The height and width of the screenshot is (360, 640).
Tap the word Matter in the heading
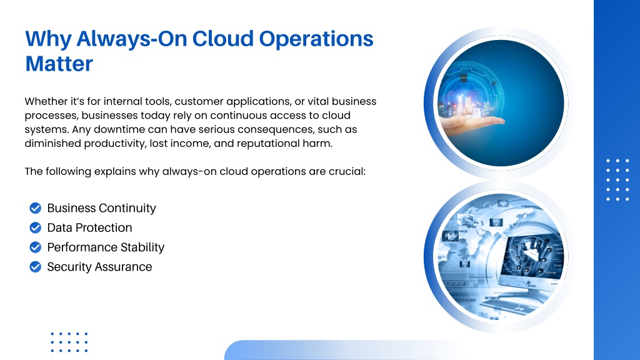(x=59, y=64)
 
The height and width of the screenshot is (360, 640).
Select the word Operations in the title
(x=316, y=39)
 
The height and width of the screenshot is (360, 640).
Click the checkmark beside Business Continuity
(x=36, y=208)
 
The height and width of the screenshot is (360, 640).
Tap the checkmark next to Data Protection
(x=36, y=227)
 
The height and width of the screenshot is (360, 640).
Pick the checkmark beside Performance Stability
(x=36, y=247)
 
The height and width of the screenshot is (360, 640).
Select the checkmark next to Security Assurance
(x=36, y=267)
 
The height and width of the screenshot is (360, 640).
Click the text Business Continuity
(x=102, y=208)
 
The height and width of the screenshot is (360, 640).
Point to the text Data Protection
(x=90, y=227)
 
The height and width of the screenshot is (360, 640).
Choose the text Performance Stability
(x=106, y=247)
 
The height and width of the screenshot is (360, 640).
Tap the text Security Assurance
(x=99, y=267)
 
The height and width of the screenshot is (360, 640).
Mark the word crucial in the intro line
(x=347, y=171)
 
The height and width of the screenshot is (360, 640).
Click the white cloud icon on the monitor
(x=532, y=255)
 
